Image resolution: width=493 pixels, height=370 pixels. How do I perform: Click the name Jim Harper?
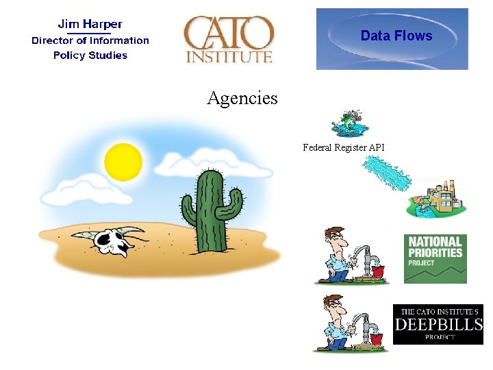click(90, 24)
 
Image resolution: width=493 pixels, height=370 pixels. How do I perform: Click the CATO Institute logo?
click(229, 40)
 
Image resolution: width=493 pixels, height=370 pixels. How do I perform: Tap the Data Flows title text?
click(396, 36)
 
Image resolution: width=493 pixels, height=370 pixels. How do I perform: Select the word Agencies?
click(242, 98)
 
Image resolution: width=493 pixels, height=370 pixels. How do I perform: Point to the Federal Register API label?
click(344, 147)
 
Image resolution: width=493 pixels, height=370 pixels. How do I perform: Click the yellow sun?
click(123, 162)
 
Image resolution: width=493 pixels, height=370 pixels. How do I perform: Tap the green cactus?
click(212, 209)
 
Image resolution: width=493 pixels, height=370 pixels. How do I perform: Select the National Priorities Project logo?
click(435, 258)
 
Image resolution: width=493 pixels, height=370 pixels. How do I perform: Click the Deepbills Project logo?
click(438, 324)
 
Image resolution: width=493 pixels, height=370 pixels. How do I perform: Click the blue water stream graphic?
click(386, 173)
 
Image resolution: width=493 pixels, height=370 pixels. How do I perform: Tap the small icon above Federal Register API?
click(349, 124)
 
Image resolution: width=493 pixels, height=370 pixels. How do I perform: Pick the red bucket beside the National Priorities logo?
click(378, 271)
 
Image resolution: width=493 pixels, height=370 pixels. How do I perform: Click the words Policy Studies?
click(90, 56)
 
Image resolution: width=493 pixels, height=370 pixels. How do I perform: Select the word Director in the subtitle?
click(51, 40)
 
